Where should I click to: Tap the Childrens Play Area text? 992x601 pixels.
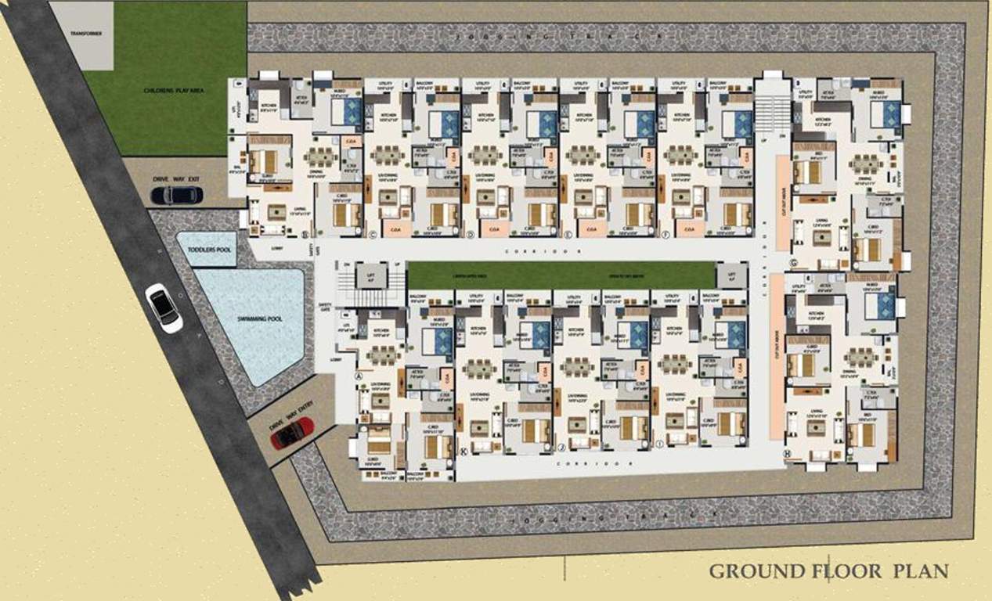pos(164,90)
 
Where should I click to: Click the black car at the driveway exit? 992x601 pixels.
pos(176,195)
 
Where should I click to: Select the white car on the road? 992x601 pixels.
pos(164,308)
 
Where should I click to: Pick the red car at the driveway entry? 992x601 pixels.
pos(292,433)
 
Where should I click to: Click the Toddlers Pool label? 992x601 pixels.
pos(206,249)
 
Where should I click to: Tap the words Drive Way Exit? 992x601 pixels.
pos(176,179)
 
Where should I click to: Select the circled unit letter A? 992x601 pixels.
pos(359,376)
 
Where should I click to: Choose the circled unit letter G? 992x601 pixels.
pos(793,262)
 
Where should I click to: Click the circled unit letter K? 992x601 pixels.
pos(464,452)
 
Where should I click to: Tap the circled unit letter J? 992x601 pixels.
pos(561,448)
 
